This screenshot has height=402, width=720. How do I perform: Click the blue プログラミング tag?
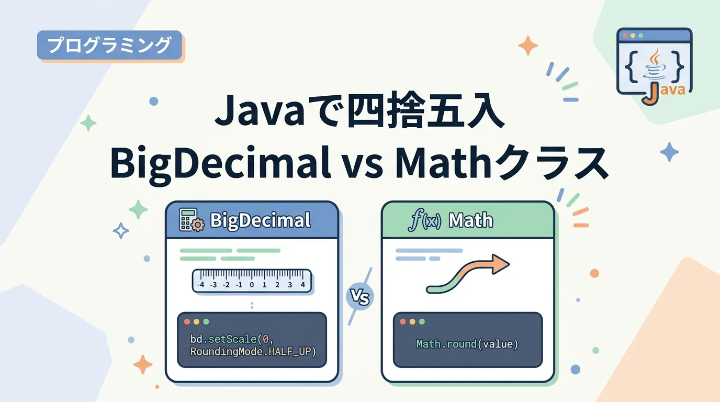point(109,45)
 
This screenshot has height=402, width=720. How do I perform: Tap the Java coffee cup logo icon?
point(655,64)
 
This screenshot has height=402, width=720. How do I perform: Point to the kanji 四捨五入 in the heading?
point(426,111)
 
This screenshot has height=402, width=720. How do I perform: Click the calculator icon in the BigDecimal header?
point(192,220)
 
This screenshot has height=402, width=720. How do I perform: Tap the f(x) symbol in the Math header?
point(424,220)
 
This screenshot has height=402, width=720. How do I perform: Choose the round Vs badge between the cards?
point(360,296)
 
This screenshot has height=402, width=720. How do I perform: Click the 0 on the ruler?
point(252,285)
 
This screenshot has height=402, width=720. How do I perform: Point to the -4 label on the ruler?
point(200,285)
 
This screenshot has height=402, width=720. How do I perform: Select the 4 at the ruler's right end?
point(303,285)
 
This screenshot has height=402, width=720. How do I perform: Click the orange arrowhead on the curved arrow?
point(501,264)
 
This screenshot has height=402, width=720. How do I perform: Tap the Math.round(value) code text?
point(467,344)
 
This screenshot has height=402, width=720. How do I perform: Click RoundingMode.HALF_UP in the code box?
point(253,352)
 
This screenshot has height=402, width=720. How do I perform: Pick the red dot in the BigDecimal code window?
point(187,321)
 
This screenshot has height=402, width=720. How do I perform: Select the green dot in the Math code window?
point(422,321)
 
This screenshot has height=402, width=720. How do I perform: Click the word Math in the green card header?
point(470,220)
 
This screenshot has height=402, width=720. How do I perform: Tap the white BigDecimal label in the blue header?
point(261,220)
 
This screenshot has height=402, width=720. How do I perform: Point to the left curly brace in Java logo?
point(631,67)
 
